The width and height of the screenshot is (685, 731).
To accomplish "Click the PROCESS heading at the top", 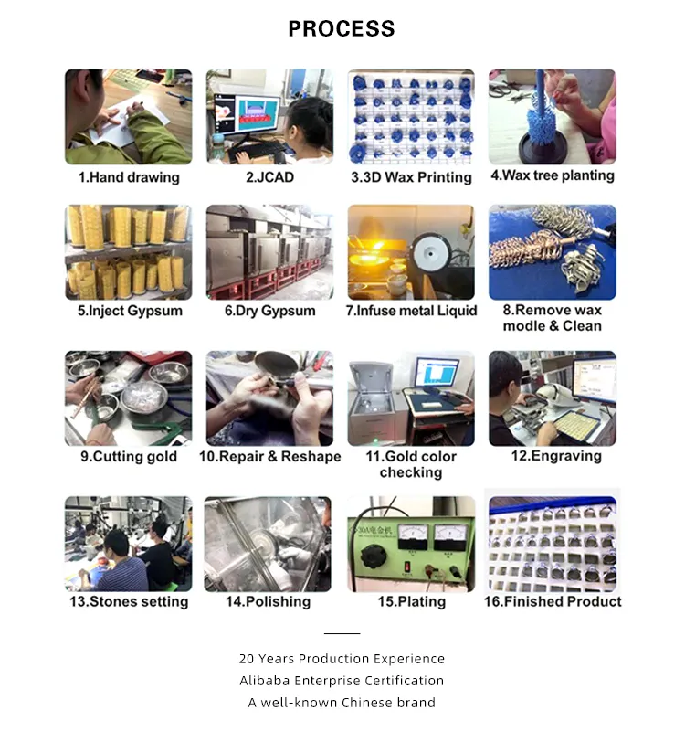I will [x=342, y=28].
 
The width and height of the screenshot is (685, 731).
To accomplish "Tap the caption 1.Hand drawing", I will [x=129, y=177].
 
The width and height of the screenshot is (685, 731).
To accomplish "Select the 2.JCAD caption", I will [x=269, y=177].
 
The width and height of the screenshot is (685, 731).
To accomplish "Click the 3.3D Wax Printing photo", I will [x=411, y=116].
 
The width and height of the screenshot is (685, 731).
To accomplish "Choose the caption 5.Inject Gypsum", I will [x=130, y=311].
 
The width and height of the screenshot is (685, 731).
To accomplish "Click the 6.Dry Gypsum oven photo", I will [x=269, y=252].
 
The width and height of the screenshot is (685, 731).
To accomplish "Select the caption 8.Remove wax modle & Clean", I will [x=552, y=318].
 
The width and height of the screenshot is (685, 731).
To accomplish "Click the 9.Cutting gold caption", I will [x=129, y=456].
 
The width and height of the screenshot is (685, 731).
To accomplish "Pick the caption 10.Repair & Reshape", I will [x=269, y=456].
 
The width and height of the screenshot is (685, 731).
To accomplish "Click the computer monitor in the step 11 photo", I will [x=437, y=374].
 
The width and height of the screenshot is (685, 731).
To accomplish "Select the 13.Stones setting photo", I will [x=129, y=544].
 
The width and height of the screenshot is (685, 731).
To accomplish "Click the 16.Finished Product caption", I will [x=554, y=601].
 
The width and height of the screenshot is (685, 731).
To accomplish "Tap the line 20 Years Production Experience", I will [x=342, y=659].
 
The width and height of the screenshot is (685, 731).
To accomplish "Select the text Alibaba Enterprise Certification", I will [x=342, y=681].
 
